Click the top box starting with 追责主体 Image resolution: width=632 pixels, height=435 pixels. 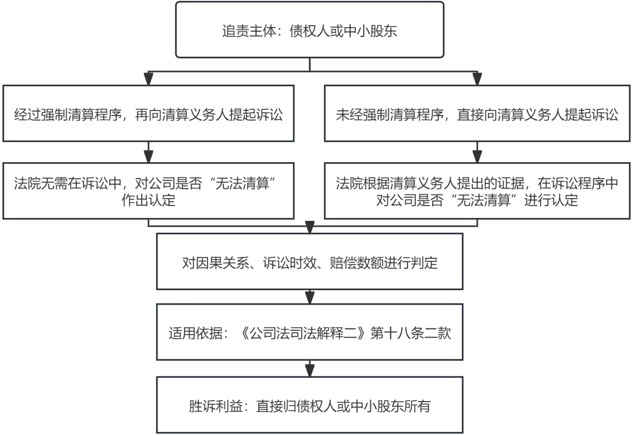310,30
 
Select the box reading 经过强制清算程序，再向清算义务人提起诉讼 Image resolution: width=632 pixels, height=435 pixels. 148,113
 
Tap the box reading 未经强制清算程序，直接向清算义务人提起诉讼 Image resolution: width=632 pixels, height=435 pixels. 477,113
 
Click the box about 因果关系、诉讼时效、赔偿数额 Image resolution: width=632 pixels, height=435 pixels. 310,261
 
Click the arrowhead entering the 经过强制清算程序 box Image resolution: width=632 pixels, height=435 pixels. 148,80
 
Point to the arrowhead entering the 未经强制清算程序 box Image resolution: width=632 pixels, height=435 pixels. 477,80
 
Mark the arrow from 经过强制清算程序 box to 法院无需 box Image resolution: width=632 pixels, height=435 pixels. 148,152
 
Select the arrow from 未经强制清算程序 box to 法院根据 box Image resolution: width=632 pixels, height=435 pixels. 477,152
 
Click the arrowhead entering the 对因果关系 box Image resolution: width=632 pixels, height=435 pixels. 310,228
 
